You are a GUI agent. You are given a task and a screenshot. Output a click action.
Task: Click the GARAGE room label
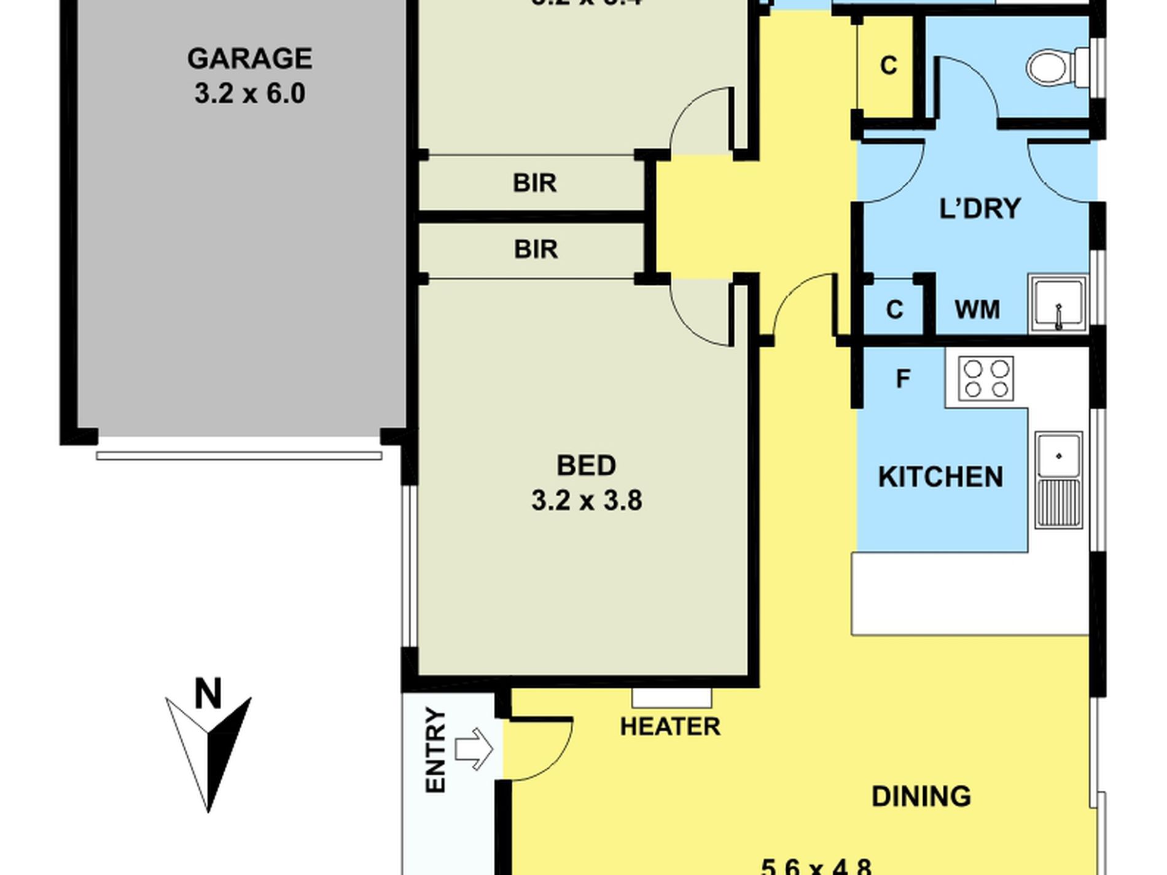[x=249, y=59]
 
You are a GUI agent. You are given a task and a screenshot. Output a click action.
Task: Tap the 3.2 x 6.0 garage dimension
[x=249, y=94]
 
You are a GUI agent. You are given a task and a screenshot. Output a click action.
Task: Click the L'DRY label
[x=980, y=209]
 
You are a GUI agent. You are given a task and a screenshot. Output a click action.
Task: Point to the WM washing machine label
[x=977, y=309]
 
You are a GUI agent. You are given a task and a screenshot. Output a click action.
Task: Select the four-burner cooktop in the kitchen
[x=985, y=378]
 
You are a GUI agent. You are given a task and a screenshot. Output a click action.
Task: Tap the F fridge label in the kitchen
[x=902, y=379]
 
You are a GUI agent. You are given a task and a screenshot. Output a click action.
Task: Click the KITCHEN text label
[x=940, y=477]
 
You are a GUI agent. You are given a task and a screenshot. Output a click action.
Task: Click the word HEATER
[x=669, y=727]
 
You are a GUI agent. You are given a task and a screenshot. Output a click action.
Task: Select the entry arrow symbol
[x=474, y=749]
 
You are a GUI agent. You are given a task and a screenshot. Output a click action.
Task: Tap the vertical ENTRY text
[x=435, y=750]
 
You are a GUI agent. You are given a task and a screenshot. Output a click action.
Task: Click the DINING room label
[x=921, y=796]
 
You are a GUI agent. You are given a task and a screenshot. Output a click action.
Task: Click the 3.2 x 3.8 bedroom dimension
[x=587, y=500]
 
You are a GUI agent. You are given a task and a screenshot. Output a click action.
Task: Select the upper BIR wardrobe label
[x=534, y=183]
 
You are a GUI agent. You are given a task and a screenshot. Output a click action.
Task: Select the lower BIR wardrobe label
[x=536, y=249]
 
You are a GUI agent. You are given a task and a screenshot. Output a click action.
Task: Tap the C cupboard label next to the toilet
[x=888, y=65]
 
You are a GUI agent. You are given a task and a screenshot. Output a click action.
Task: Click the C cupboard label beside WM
[x=894, y=309]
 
